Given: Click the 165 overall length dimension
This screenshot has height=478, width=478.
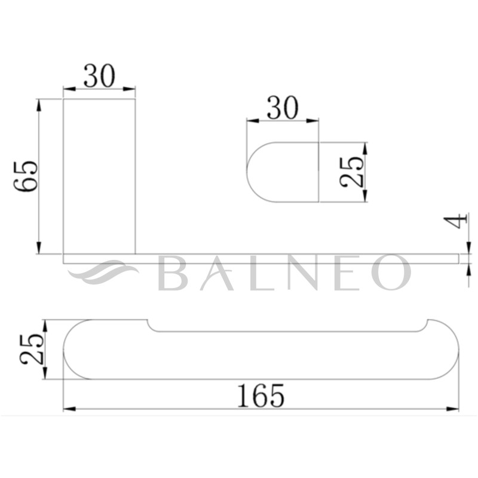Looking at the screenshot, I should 261,396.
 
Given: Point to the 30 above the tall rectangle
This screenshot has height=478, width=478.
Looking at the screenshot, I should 99,76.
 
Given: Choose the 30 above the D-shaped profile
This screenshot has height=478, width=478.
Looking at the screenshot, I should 282,109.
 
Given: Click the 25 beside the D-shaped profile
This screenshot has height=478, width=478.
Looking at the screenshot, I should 351,172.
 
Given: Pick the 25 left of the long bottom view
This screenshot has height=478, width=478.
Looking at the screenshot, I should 31,350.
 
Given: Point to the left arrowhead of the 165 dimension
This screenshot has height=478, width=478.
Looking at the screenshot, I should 68,409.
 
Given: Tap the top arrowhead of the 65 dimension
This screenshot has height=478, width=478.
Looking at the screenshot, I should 39,103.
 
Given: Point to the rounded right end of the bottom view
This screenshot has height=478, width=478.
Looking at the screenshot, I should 453,353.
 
